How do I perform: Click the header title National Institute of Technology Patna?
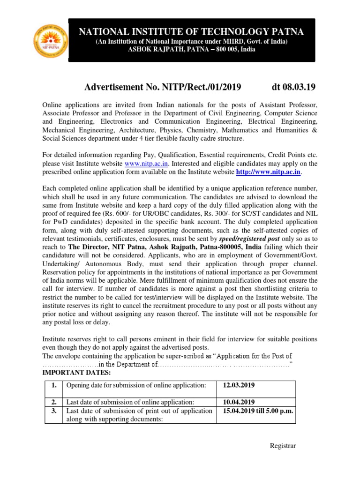pos(191,32)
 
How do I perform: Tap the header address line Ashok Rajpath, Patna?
pos(192,50)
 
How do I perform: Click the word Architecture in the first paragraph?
pos(133,130)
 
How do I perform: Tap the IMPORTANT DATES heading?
pos(77,373)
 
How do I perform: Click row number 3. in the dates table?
pos(54,411)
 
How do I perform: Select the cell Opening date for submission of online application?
pos(136,385)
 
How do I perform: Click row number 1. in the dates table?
pos(54,385)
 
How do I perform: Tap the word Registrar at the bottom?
pos(283,446)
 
